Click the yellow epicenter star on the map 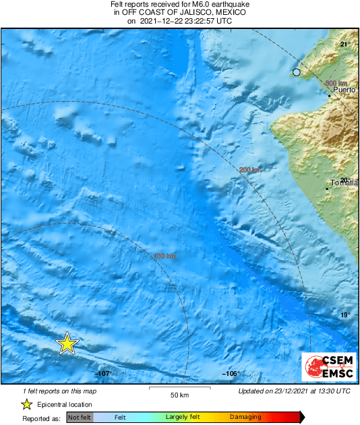[x=67, y=344]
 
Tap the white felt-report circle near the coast [x=296, y=72]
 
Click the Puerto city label [x=344, y=90]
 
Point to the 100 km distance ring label [x=164, y=256]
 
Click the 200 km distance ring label [x=250, y=170]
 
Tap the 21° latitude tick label [x=344, y=44]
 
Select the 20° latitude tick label [x=344, y=179]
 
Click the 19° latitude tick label [x=344, y=315]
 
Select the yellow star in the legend [x=26, y=404]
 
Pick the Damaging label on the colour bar [x=245, y=418]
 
